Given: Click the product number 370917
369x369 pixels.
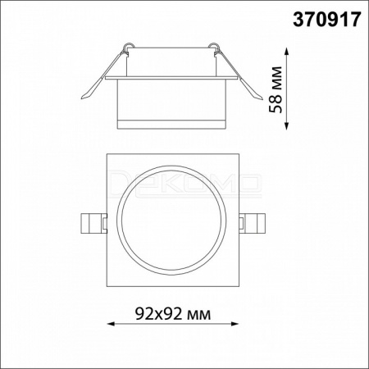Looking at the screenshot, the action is (327, 20).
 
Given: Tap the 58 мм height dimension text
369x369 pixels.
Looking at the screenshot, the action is (276, 89).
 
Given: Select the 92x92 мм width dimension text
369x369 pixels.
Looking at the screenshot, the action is (173, 314).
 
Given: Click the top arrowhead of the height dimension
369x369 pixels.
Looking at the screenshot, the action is (286, 52).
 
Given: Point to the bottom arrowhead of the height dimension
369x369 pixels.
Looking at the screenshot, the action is (286, 125).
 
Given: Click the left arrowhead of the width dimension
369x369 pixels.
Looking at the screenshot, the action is (111, 324).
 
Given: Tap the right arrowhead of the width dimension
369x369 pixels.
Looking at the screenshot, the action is (235, 324).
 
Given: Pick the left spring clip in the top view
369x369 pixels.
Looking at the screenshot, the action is (93, 223).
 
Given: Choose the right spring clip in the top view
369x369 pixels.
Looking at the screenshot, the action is (252, 223).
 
